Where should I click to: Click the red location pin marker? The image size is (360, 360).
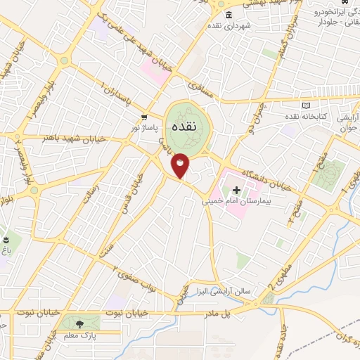coord(181,165)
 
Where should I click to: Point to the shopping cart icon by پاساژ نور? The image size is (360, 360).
coord(143,117)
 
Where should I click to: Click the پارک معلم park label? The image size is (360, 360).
coord(79,336)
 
